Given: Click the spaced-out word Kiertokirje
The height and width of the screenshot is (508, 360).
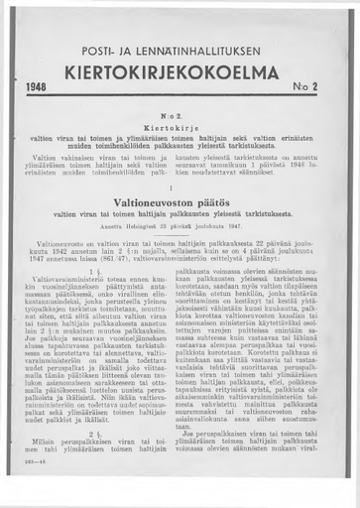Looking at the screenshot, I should (x=180, y=128).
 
